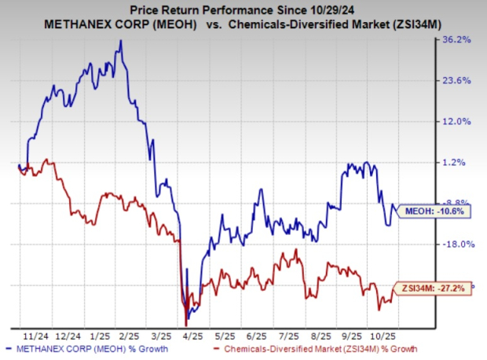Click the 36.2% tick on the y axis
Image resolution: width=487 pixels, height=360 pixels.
coord(457,39)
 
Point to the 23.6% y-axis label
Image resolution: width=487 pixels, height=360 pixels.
coord(457,80)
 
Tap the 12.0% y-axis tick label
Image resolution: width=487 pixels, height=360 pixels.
coord(457,121)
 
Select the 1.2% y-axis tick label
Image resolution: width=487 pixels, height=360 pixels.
coord(459,162)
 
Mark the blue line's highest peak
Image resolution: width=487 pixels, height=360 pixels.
coord(120,41)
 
